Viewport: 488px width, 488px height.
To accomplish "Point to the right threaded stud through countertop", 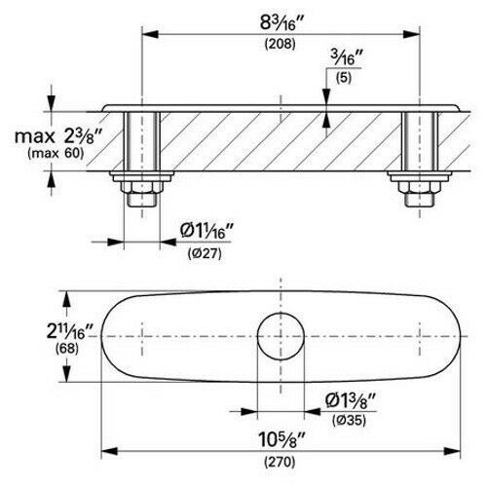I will click(417, 141).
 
